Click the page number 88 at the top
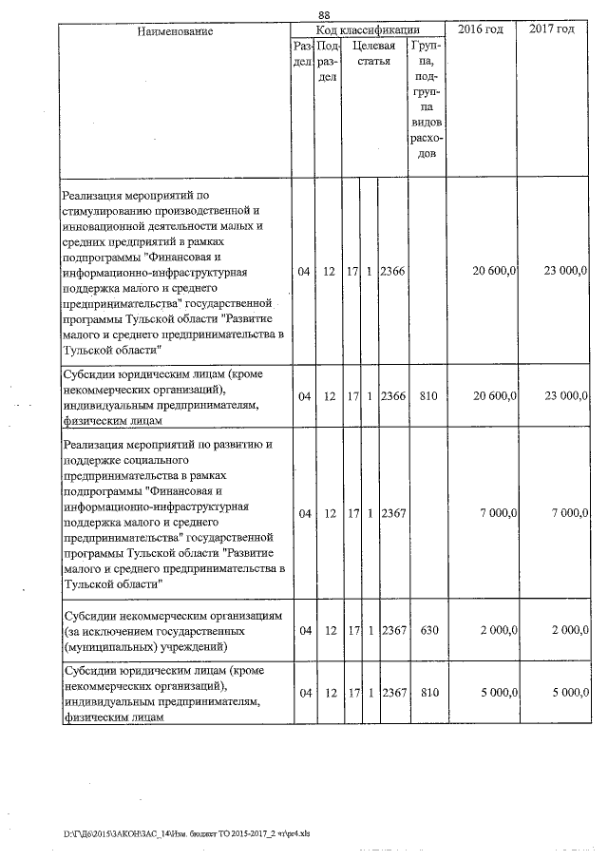[324, 14]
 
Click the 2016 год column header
[480, 30]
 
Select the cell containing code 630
[427, 631]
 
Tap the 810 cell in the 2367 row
[427, 694]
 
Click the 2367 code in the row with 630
[391, 631]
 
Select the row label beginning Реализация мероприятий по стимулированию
[172, 272]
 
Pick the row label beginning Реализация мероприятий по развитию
[172, 513]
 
